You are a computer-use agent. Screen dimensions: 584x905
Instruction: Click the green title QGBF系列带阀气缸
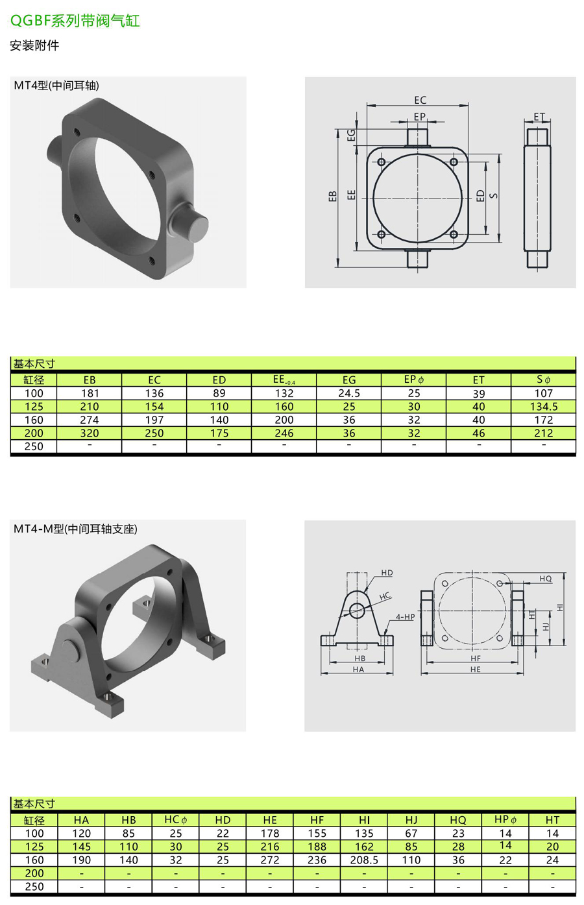(x=75, y=21)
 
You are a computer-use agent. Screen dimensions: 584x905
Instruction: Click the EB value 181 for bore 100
(x=90, y=393)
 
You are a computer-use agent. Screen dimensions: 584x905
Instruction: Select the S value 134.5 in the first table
(x=544, y=407)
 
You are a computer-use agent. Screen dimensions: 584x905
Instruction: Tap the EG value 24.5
(x=349, y=393)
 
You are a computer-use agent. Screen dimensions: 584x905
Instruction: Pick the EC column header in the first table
(x=154, y=380)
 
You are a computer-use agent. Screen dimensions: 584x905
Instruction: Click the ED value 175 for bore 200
(x=219, y=433)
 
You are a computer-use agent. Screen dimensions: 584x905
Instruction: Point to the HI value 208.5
(x=364, y=860)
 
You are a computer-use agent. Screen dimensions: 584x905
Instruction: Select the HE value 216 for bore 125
(x=270, y=847)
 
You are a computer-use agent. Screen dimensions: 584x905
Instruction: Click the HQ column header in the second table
(x=458, y=820)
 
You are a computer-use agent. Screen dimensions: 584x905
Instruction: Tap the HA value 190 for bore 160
(x=81, y=860)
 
